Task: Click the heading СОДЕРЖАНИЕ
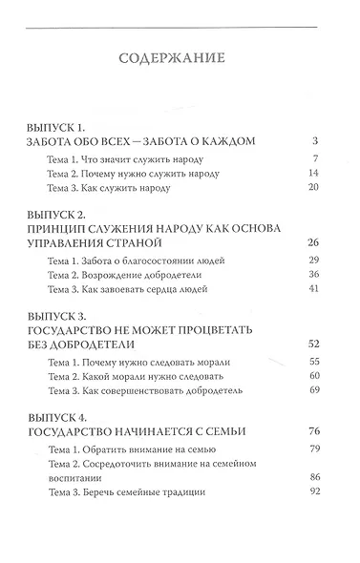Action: click(180, 58)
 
